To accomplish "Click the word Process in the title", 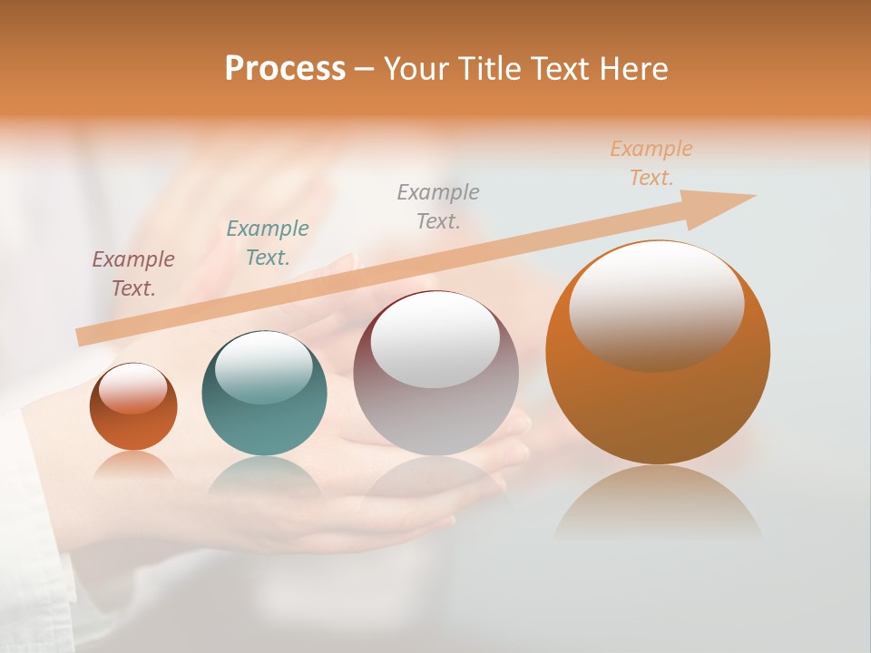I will [285, 69].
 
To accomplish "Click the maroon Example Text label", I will [133, 273].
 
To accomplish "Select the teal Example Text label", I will [268, 242].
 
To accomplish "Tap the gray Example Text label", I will [438, 206].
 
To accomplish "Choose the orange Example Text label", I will [651, 162].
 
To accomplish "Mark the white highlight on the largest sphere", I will [657, 307].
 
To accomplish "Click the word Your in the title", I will [413, 69].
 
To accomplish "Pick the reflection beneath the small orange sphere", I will [133, 464].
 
